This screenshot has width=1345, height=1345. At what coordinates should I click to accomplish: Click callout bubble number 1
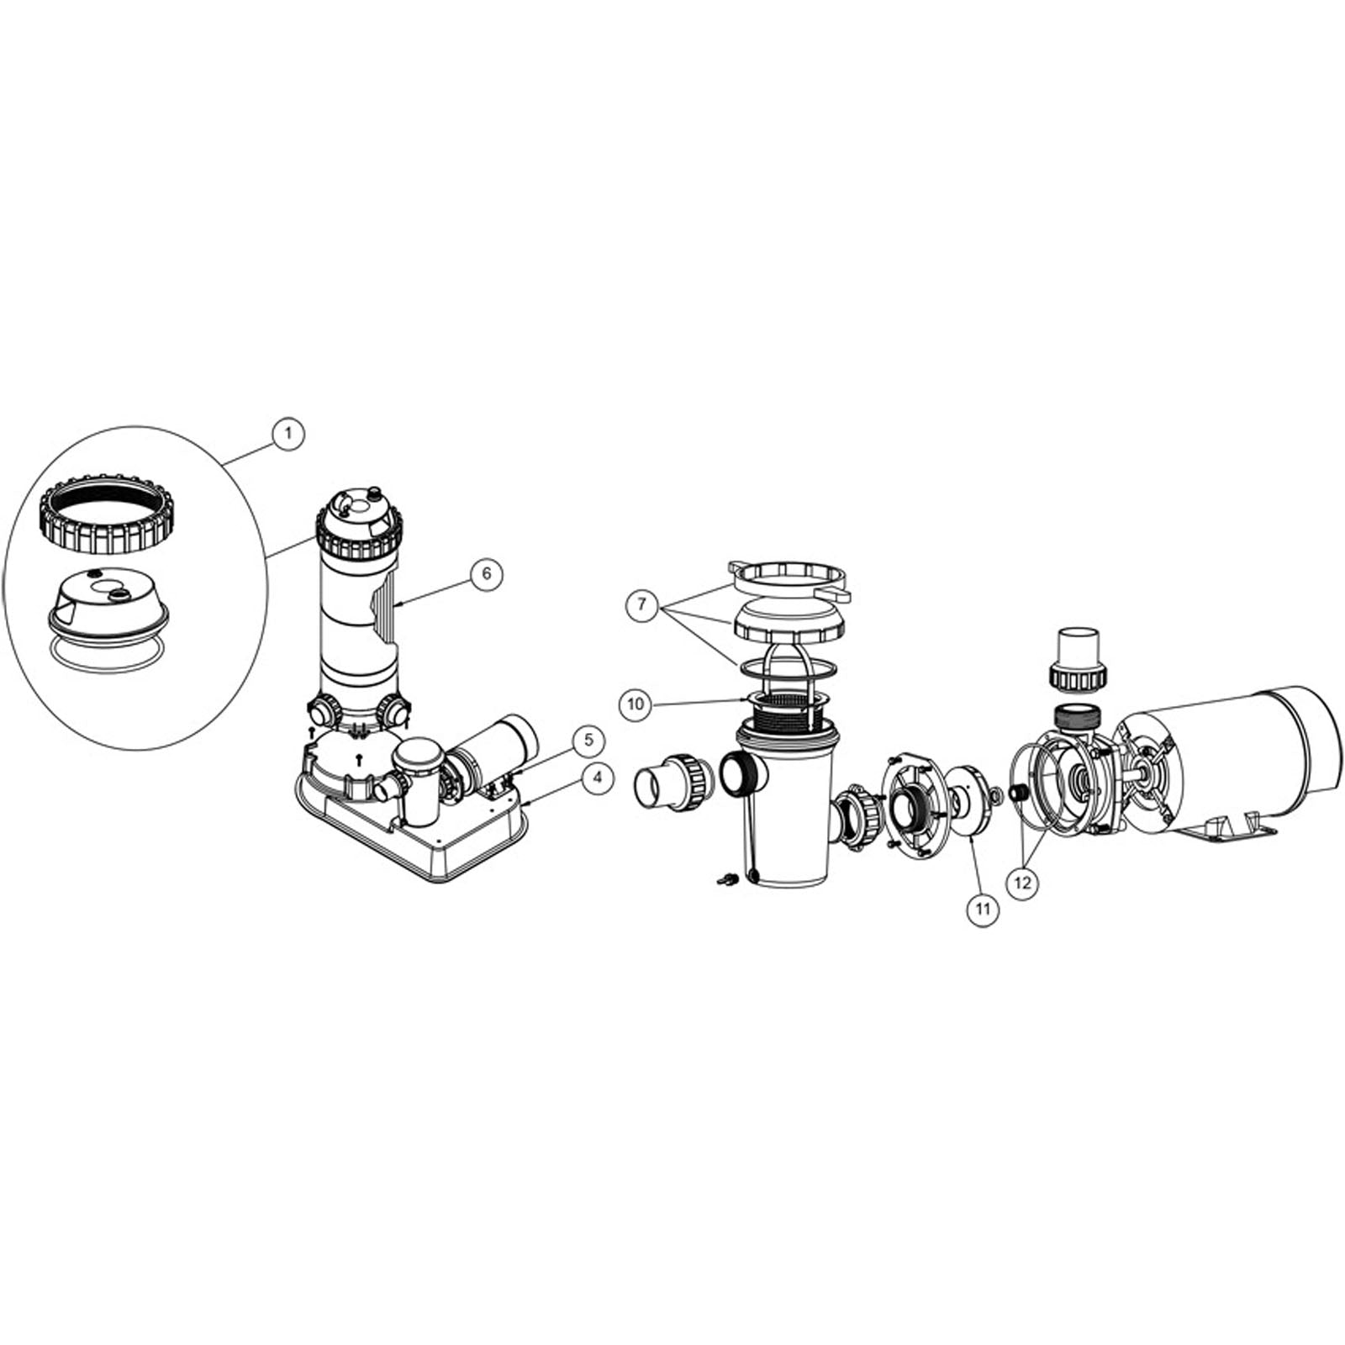coord(288,434)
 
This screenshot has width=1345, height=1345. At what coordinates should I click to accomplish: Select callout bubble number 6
coord(487,574)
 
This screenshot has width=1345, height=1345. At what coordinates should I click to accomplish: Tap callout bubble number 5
coord(588,740)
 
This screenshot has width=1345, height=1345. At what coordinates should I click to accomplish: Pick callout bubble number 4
coord(597,778)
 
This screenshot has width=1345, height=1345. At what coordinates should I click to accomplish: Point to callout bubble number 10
coord(636,704)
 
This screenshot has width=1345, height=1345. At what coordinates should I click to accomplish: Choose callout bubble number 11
coord(983,910)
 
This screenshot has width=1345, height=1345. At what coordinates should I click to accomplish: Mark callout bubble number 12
coord(1023,883)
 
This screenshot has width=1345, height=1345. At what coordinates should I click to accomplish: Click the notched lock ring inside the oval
coord(103,521)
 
